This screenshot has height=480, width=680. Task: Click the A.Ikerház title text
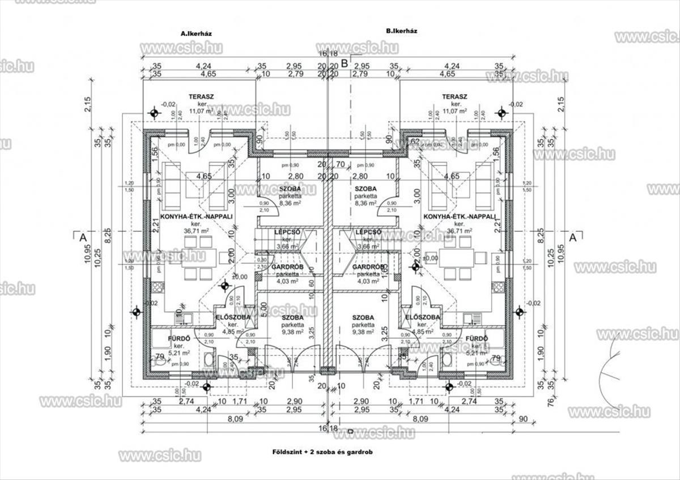[x=196, y=34]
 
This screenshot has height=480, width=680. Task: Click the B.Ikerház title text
[x=401, y=31]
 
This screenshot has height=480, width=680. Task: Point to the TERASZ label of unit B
[x=454, y=97]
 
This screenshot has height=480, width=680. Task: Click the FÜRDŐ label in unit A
[x=178, y=339]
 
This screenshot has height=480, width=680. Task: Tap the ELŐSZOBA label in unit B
[x=422, y=317]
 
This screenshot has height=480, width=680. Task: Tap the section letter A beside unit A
[x=83, y=237]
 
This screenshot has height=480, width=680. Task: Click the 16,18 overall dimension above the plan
[x=328, y=53]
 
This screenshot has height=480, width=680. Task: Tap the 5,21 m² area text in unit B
[x=476, y=352]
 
